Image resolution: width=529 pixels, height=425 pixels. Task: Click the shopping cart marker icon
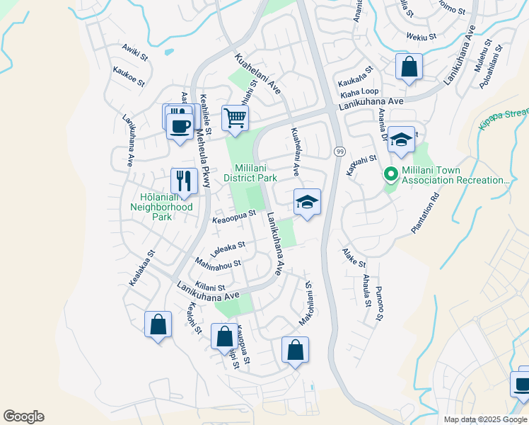(235, 118)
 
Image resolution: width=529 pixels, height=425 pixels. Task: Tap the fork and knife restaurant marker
(183, 181)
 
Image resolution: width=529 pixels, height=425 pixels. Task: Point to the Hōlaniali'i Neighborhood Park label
(161, 202)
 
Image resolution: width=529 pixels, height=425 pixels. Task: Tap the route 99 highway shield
(340, 152)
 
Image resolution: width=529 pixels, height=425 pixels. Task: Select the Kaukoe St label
(129, 76)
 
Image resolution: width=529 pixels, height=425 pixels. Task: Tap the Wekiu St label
(419, 35)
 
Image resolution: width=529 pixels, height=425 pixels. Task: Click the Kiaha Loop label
(359, 93)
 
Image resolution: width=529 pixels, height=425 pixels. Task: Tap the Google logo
(23, 416)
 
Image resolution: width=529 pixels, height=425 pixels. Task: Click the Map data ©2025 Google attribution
(485, 419)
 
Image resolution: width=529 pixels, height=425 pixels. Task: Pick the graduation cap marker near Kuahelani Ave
(308, 202)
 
